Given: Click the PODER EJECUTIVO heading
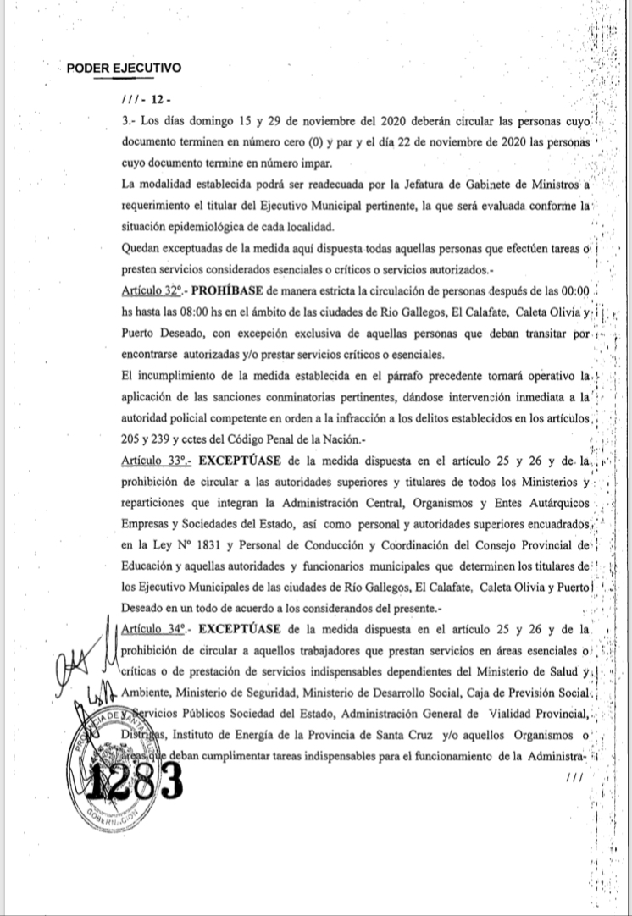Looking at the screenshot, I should coord(124,69).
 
